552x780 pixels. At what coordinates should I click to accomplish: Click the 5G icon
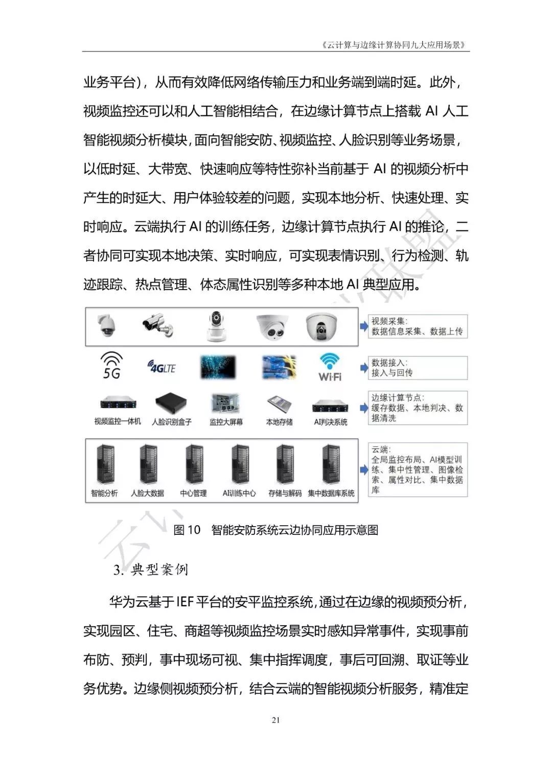click(111, 365)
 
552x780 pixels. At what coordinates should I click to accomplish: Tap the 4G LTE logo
click(161, 367)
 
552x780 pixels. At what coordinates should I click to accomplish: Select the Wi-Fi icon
click(330, 367)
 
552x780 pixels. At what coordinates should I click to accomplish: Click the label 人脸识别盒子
click(172, 422)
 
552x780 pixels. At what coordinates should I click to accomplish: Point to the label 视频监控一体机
click(118, 422)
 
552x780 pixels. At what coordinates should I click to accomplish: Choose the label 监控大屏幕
click(226, 422)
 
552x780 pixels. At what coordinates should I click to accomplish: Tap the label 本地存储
click(279, 422)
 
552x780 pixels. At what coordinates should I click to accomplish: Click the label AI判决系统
click(330, 422)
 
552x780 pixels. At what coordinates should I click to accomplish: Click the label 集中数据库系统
click(331, 493)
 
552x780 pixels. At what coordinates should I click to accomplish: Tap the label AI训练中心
click(239, 493)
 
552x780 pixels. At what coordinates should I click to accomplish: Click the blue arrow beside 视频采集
click(364, 326)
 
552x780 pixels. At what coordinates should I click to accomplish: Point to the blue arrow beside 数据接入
click(364, 367)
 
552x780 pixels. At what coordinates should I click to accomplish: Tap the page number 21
click(276, 721)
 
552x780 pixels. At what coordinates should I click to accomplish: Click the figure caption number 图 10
click(187, 530)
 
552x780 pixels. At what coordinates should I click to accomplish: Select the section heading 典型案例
click(159, 570)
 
